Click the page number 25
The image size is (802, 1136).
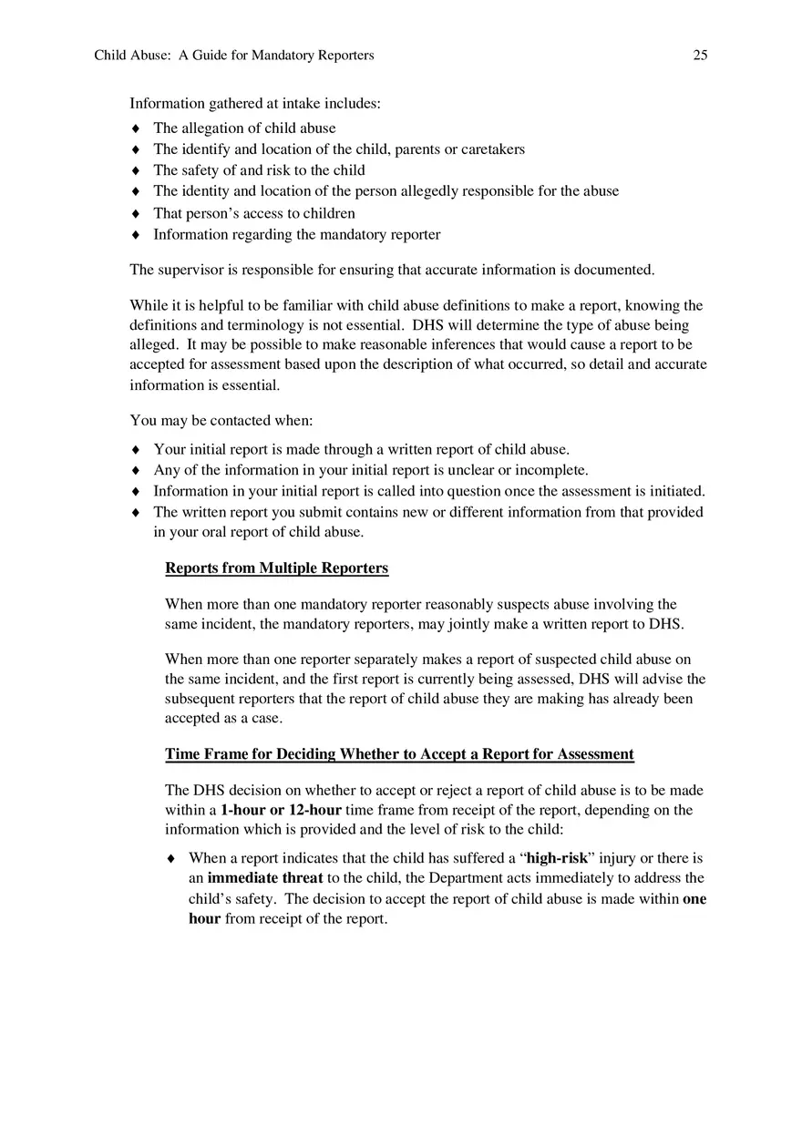pyautogui.click(x=700, y=56)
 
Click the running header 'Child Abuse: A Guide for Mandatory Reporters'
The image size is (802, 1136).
pyautogui.click(x=234, y=56)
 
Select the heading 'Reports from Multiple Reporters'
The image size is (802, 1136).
pyautogui.click(x=276, y=568)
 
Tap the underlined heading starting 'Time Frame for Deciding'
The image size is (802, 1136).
pyautogui.click(x=399, y=754)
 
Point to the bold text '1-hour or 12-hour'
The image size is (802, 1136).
pyautogui.click(x=281, y=810)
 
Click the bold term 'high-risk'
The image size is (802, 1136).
pyautogui.click(x=557, y=858)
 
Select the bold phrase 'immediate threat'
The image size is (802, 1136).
pyautogui.click(x=265, y=878)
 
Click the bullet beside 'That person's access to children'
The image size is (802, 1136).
pyautogui.click(x=136, y=214)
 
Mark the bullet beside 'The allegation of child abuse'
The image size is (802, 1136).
pyautogui.click(x=136, y=128)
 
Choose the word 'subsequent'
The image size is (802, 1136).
pyautogui.click(x=200, y=700)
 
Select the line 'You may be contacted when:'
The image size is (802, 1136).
pyautogui.click(x=221, y=421)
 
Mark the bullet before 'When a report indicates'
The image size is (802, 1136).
pyautogui.click(x=171, y=859)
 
